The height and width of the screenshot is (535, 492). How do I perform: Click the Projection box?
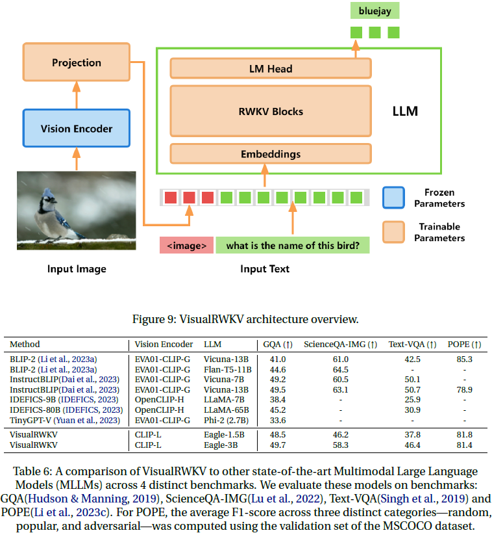point(76,63)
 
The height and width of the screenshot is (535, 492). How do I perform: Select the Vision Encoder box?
point(76,129)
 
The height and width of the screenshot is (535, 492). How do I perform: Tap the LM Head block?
point(270,69)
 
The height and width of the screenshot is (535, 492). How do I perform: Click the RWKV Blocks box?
point(270,111)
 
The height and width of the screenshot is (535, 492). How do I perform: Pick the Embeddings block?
point(270,154)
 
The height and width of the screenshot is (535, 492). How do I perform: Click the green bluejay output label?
point(375,10)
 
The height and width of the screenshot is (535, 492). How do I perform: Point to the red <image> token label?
point(187,246)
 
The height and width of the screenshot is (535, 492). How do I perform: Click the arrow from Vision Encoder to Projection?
point(76,95)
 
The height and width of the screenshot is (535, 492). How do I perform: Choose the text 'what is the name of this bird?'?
point(293,246)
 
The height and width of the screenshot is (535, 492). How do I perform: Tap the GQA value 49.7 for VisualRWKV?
point(278,445)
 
